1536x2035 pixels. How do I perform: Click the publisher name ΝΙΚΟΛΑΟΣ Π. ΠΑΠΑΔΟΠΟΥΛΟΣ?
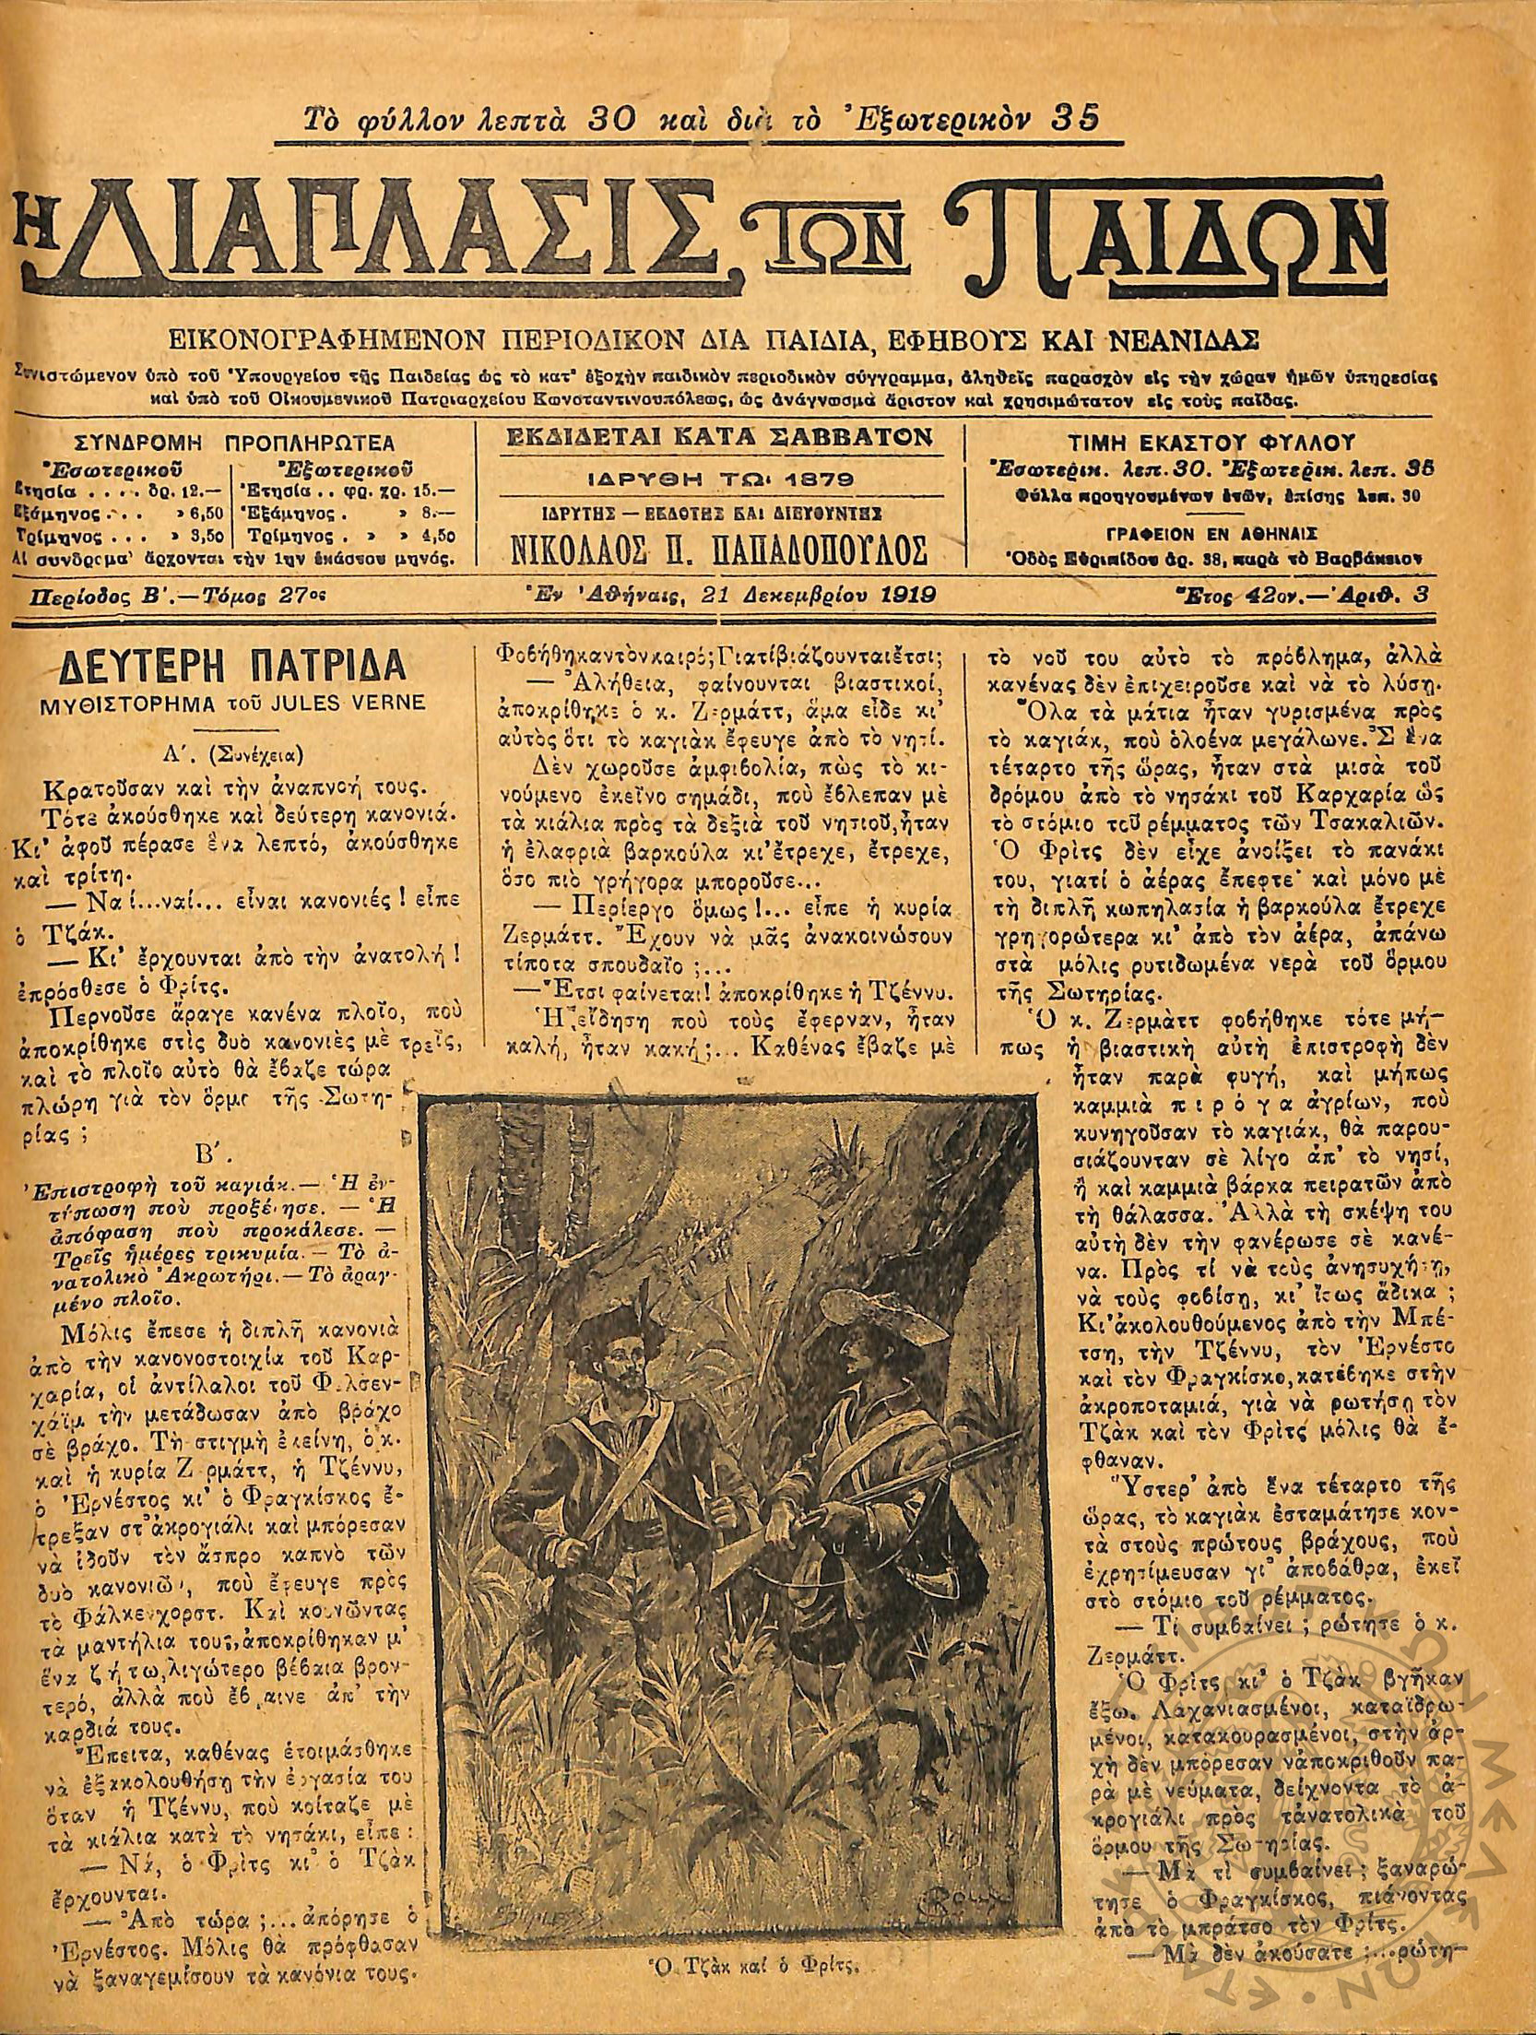pyautogui.click(x=718, y=550)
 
